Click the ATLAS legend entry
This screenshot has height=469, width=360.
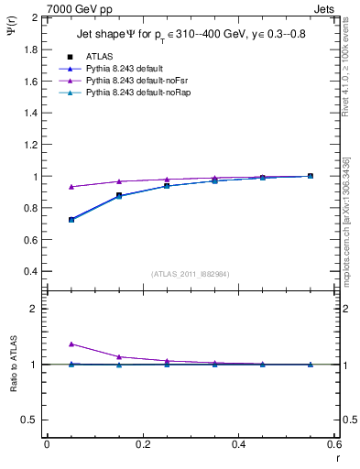tap(101, 56)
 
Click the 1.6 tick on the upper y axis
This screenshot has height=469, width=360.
tap(30, 82)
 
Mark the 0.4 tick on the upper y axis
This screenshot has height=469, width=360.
tap(30, 272)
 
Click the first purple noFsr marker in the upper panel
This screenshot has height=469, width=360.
tap(71, 187)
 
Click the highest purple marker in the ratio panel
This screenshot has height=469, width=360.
tap(71, 344)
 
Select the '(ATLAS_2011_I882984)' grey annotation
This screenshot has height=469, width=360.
tap(191, 273)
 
